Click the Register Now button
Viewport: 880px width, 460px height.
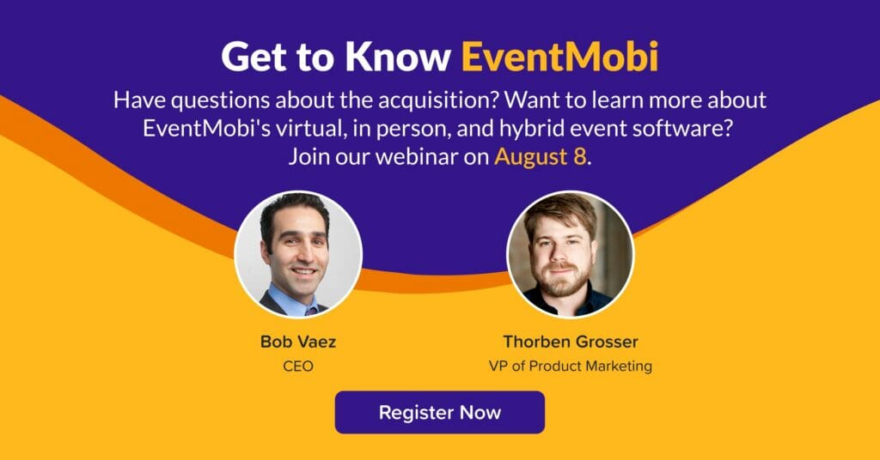click(x=439, y=413)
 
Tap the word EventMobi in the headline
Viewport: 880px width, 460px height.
click(x=559, y=57)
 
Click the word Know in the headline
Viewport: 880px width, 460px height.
click(x=398, y=57)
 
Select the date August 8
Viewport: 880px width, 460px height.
click(x=540, y=156)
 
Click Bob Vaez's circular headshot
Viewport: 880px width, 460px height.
click(x=298, y=254)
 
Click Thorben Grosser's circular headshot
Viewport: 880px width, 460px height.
click(x=571, y=254)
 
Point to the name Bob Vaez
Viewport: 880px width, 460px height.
click(x=298, y=342)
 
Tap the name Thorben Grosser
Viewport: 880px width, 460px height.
click(x=571, y=342)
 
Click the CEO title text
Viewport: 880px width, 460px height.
click(x=298, y=366)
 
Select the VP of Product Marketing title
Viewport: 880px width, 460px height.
click(x=571, y=366)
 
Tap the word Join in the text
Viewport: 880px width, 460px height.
click(x=309, y=156)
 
